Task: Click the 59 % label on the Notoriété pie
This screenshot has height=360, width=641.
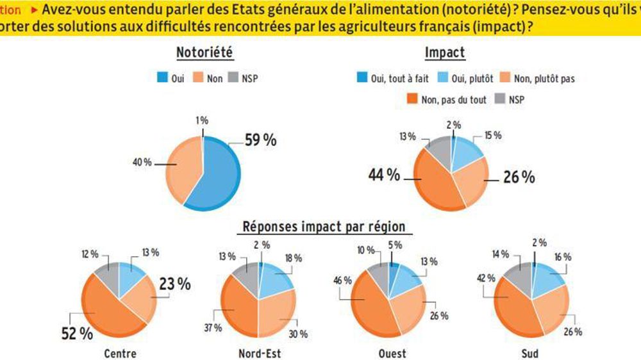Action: click(261, 140)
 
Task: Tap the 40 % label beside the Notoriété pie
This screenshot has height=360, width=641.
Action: click(142, 162)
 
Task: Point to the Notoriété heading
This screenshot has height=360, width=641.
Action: click(204, 53)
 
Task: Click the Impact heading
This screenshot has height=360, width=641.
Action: click(445, 53)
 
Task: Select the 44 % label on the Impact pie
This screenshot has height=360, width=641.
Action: click(385, 175)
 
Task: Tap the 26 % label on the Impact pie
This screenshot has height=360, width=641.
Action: click(519, 177)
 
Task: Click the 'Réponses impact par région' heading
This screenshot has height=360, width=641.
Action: click(323, 227)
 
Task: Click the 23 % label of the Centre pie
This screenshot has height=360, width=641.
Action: click(174, 284)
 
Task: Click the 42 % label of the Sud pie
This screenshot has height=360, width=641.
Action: click(485, 278)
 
